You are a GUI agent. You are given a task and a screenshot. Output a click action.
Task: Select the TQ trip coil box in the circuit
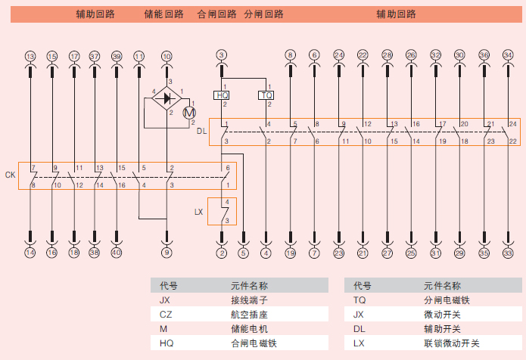(266, 95)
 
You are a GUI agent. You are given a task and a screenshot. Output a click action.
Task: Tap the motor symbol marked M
(190, 112)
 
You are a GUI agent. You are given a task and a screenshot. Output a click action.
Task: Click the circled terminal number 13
(30, 56)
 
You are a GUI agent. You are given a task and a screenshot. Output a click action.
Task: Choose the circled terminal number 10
(167, 56)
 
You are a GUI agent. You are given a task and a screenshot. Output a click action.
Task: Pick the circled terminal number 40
(116, 253)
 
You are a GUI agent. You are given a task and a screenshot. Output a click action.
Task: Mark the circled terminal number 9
(167, 253)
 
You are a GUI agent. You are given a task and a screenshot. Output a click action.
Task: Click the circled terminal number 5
(243, 253)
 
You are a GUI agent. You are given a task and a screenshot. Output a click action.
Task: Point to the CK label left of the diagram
(10, 175)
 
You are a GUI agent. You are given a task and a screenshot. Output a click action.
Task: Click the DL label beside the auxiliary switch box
(201, 131)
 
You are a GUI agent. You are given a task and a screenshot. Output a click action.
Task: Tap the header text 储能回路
(163, 14)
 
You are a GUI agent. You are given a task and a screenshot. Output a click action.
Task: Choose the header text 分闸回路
(263, 14)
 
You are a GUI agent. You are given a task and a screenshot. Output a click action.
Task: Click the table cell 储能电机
(249, 329)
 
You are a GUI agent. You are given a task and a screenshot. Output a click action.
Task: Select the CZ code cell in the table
(165, 315)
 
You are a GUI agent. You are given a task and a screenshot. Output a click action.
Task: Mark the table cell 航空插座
(249, 315)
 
